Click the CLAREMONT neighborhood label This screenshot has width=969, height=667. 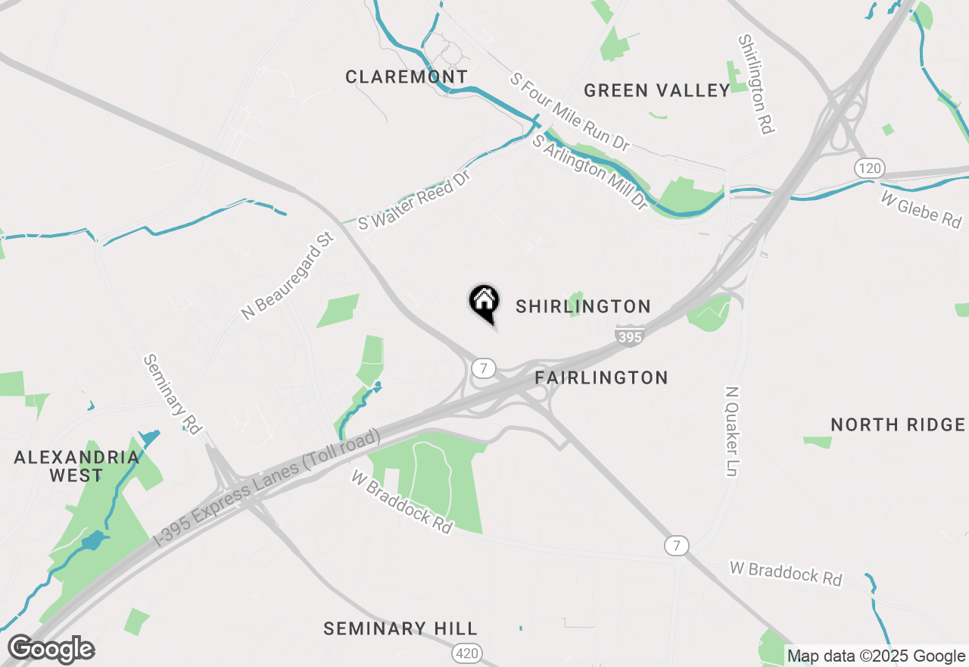[x=407, y=77]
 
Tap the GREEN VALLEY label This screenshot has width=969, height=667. [x=657, y=91]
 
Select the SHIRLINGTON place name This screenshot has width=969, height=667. [x=583, y=306]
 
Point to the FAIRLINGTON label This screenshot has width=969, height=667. [x=601, y=377]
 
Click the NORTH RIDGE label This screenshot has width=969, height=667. [x=898, y=424]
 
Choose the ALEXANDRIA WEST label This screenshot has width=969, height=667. [x=76, y=466]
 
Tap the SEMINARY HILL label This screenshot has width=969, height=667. [x=400, y=628]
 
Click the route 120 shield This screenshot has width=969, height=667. [x=870, y=168]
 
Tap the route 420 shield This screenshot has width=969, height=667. [x=466, y=653]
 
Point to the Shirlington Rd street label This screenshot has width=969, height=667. [x=756, y=84]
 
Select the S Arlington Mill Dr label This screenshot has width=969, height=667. [x=590, y=172]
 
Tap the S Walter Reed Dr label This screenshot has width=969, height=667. [x=415, y=200]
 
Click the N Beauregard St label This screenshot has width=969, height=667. [x=288, y=276]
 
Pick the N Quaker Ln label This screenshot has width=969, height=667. [x=732, y=432]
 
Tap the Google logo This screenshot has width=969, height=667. [x=51, y=650]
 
